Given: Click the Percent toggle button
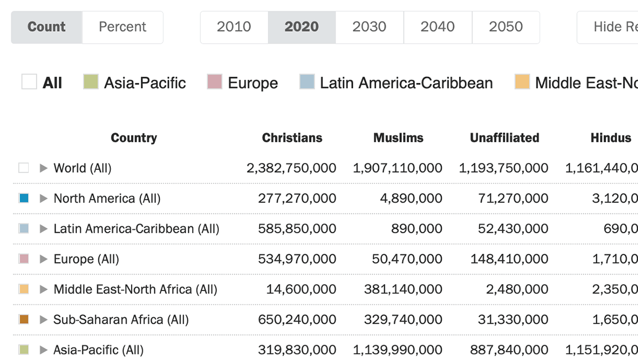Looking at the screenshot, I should pos(122,27).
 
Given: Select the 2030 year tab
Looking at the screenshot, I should pos(369,27).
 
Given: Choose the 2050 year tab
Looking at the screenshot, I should pos(506,27).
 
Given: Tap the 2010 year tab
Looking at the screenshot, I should pos(234,27).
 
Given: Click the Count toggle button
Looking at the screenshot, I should pos(46,27).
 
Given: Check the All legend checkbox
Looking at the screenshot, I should pos(29,82).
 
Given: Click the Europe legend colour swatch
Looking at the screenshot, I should pos(214,82).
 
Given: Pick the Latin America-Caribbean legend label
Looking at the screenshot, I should pos(406,83).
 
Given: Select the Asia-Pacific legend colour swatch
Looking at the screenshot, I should pos(90,82).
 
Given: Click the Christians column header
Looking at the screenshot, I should pos(292,138).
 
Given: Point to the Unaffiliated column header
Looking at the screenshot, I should pos(505,138).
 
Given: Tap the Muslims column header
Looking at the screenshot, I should pos(398,138).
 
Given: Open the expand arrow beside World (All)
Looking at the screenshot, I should pos(44,168).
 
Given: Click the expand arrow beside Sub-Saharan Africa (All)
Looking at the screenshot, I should pos(44,320).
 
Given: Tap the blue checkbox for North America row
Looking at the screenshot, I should pos(24,199).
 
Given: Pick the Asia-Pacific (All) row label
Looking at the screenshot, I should pos(98,350).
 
